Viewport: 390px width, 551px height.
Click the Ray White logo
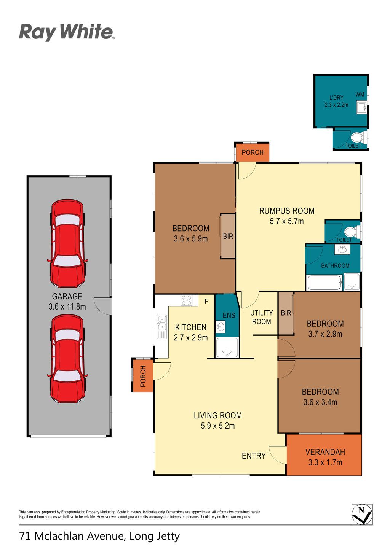[x=67, y=32]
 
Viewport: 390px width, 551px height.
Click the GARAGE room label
[x=67, y=296]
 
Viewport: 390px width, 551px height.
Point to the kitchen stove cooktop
[x=187, y=300]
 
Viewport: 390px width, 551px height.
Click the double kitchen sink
[x=161, y=323]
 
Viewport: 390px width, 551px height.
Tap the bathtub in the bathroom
[x=324, y=283]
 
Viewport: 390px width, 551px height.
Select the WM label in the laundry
[x=360, y=94]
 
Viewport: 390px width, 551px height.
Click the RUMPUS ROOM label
[x=286, y=211]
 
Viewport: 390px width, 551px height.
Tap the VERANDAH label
[x=325, y=452]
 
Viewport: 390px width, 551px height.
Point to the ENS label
[x=229, y=315]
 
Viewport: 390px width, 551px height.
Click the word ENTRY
[x=254, y=456]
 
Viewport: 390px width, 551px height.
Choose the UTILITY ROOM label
[x=261, y=317]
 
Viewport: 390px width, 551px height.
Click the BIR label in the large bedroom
[x=228, y=236]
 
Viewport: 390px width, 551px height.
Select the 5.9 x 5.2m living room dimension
[x=217, y=426]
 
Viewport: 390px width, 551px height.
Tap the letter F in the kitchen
[x=206, y=301]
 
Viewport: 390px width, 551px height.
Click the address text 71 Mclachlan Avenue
[x=71, y=536]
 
